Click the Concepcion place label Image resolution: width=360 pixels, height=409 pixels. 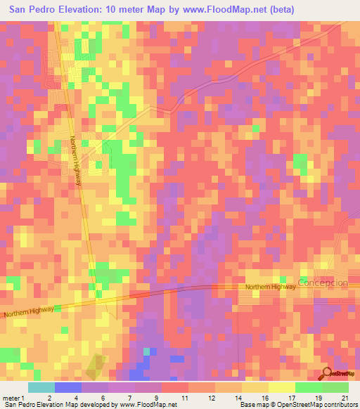(323, 283)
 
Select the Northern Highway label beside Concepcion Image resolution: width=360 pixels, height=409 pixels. (271, 287)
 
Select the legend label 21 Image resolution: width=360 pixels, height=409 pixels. (344, 398)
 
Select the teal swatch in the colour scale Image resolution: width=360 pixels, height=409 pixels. (41, 387)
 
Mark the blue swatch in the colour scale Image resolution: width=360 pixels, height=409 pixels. (68, 387)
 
